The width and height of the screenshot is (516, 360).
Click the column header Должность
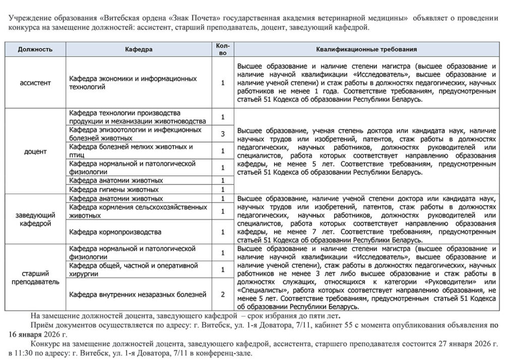click(x=35, y=49)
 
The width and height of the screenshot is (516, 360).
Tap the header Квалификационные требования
click(x=366, y=49)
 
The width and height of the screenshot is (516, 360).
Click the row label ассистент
click(x=35, y=82)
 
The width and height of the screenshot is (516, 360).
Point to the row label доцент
click(x=35, y=151)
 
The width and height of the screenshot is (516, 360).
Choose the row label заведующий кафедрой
click(x=35, y=219)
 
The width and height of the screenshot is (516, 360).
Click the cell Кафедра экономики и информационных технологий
click(x=133, y=83)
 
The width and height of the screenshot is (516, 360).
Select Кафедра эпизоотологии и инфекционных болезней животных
click(x=135, y=134)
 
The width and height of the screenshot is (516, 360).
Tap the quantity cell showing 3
click(x=222, y=134)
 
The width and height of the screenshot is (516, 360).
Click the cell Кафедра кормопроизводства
click(x=116, y=232)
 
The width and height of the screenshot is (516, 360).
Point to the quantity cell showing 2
click(x=222, y=294)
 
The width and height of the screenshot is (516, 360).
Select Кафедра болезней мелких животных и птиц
click(x=131, y=151)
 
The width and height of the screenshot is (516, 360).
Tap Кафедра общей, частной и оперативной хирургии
click(x=133, y=270)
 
